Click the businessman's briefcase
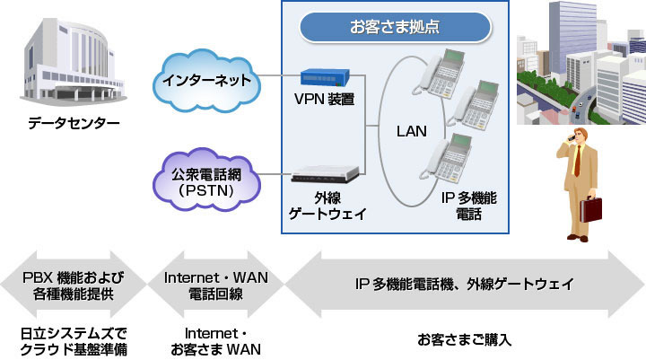[591, 209]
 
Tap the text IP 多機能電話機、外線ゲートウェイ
[464, 284]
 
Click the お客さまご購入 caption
[464, 340]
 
